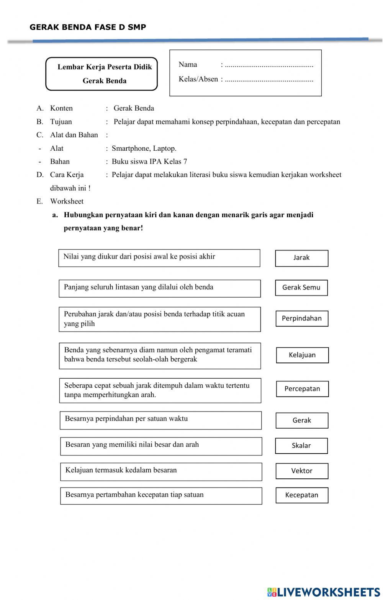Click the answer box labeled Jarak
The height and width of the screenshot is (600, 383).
click(301, 258)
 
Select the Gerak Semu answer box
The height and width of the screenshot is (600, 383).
click(301, 288)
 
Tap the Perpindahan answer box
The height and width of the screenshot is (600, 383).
click(302, 319)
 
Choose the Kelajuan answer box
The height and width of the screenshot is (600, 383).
click(302, 355)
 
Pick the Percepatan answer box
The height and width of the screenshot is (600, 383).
click(302, 389)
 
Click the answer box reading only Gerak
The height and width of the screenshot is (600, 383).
click(302, 421)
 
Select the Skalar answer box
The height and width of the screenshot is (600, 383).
click(301, 446)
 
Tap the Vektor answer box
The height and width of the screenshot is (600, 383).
click(302, 471)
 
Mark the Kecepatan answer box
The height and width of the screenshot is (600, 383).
click(302, 495)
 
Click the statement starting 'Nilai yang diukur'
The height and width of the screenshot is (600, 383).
click(159, 258)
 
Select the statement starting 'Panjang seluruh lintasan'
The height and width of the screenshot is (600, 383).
click(159, 288)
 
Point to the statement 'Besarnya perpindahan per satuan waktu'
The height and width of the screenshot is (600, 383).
click(160, 420)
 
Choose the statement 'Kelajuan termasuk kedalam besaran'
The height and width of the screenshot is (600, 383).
click(161, 472)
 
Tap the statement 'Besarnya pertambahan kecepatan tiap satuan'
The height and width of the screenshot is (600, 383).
click(161, 496)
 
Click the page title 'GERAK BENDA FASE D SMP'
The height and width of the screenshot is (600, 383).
click(88, 27)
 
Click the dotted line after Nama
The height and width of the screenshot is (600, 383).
click(269, 65)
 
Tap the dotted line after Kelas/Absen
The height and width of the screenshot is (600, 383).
click(269, 80)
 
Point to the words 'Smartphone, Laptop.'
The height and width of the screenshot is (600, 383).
click(144, 148)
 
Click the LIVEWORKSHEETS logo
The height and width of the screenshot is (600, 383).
click(324, 592)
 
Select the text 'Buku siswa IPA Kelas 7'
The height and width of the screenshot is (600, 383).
click(149, 161)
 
